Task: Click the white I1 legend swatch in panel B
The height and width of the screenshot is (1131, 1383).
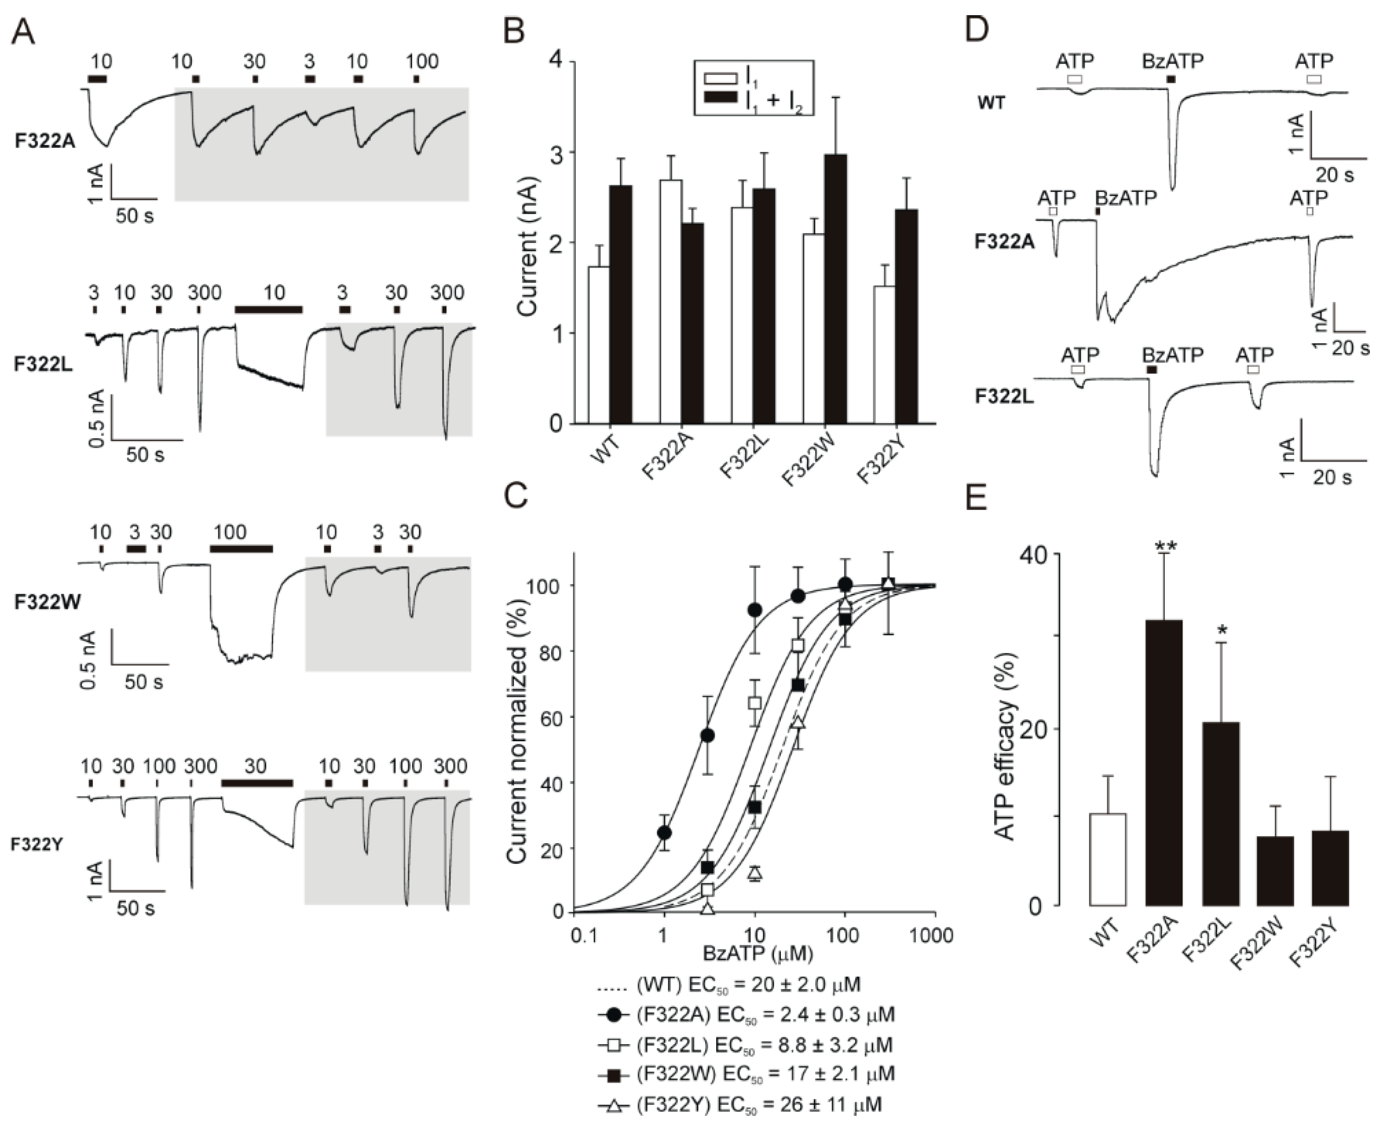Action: pyautogui.click(x=719, y=78)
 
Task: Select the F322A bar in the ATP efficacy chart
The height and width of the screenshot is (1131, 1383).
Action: pyautogui.click(x=1163, y=762)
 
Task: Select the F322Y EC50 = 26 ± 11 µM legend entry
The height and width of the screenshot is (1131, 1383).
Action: pyautogui.click(x=739, y=1104)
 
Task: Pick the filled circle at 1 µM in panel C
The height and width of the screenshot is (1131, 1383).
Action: pyautogui.click(x=664, y=833)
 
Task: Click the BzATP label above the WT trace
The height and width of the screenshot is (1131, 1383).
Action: pyautogui.click(x=1172, y=61)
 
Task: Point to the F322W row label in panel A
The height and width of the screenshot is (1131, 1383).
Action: pyautogui.click(x=47, y=602)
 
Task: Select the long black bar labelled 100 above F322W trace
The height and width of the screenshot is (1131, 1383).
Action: pyautogui.click(x=240, y=548)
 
